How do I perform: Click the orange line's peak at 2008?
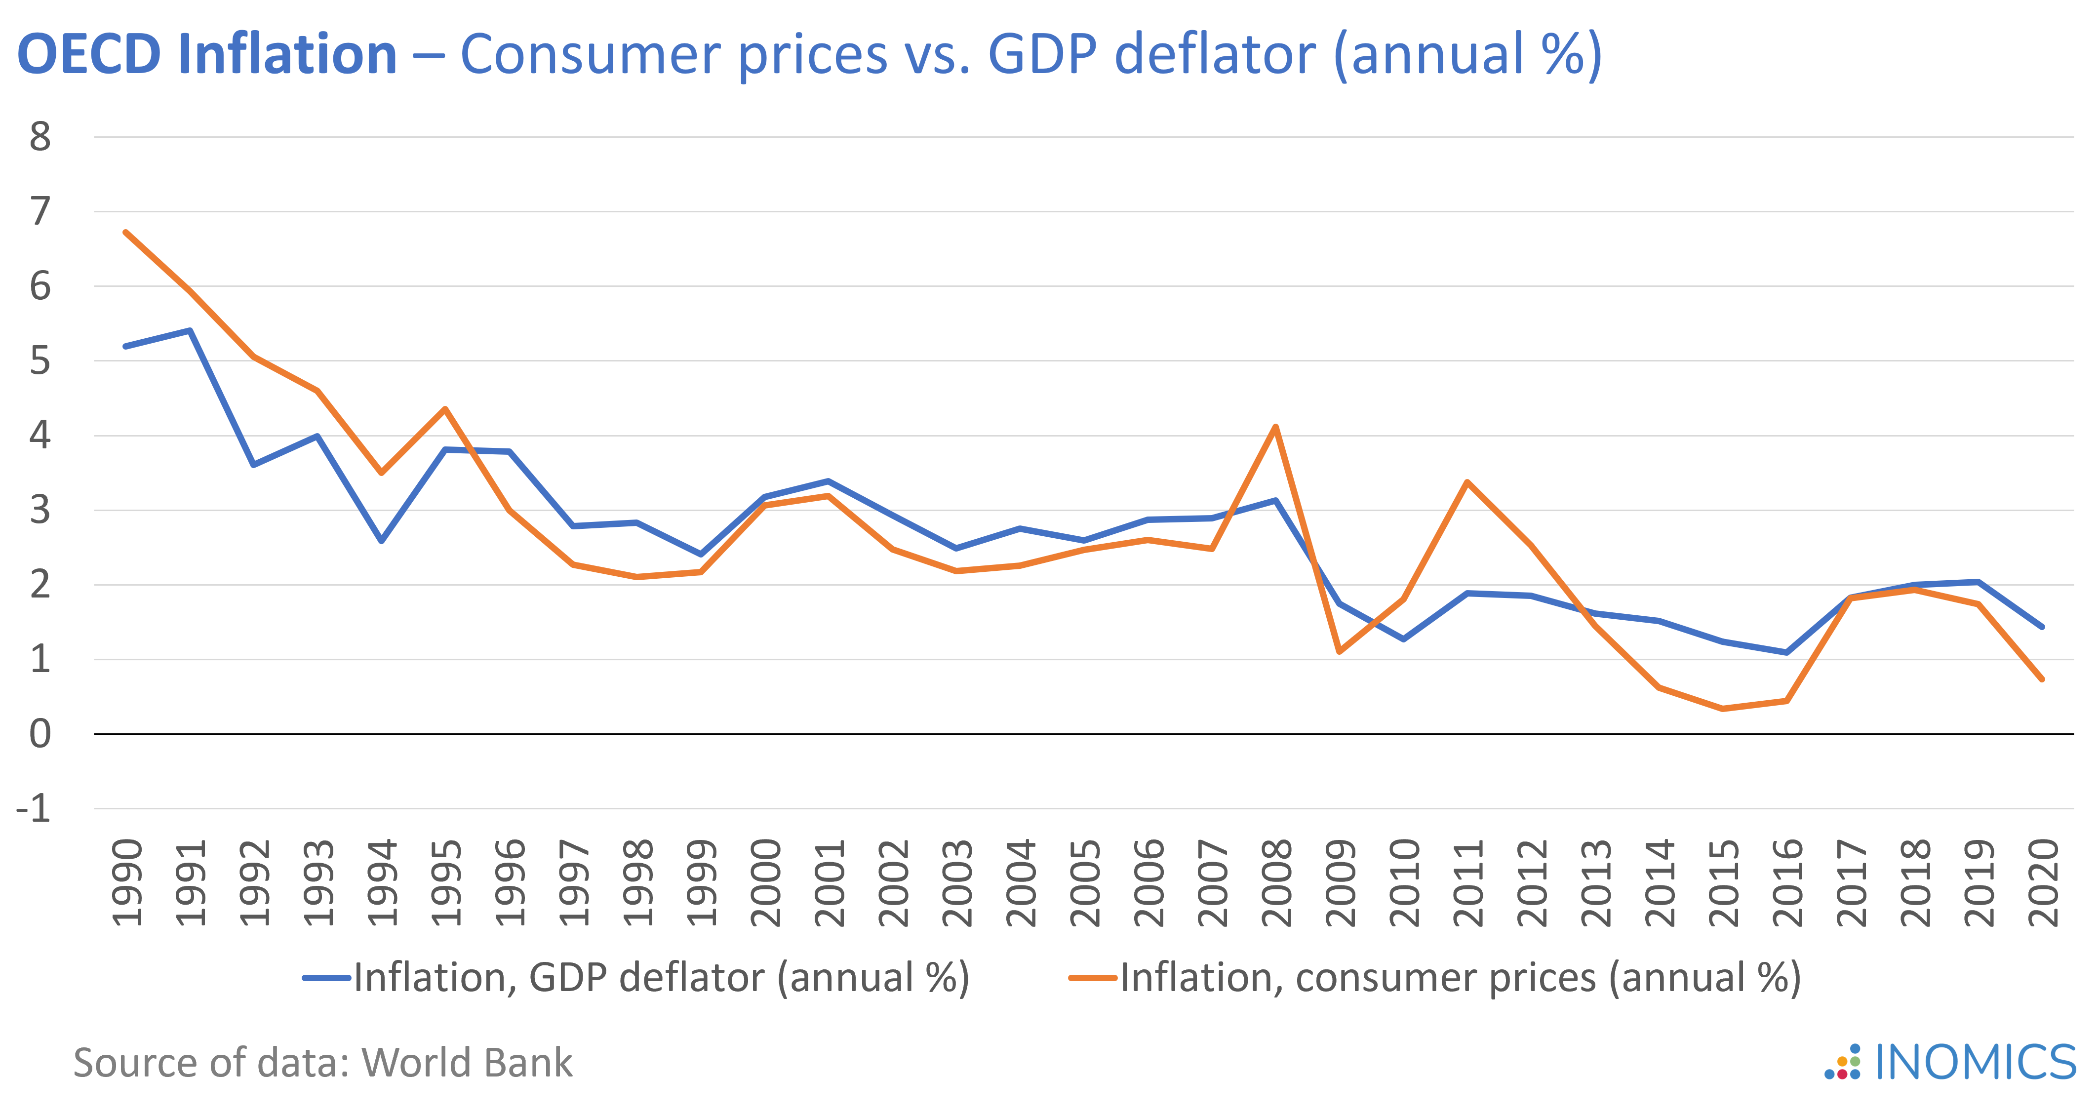[x=1275, y=427]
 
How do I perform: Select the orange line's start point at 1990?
[x=125, y=232]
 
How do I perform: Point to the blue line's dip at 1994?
[x=381, y=541]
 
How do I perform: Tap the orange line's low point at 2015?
[x=1723, y=709]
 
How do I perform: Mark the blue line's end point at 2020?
[x=2042, y=627]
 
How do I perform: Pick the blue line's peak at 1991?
[x=189, y=330]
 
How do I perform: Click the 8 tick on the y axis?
[x=40, y=137]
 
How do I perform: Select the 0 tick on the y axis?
[x=40, y=734]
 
